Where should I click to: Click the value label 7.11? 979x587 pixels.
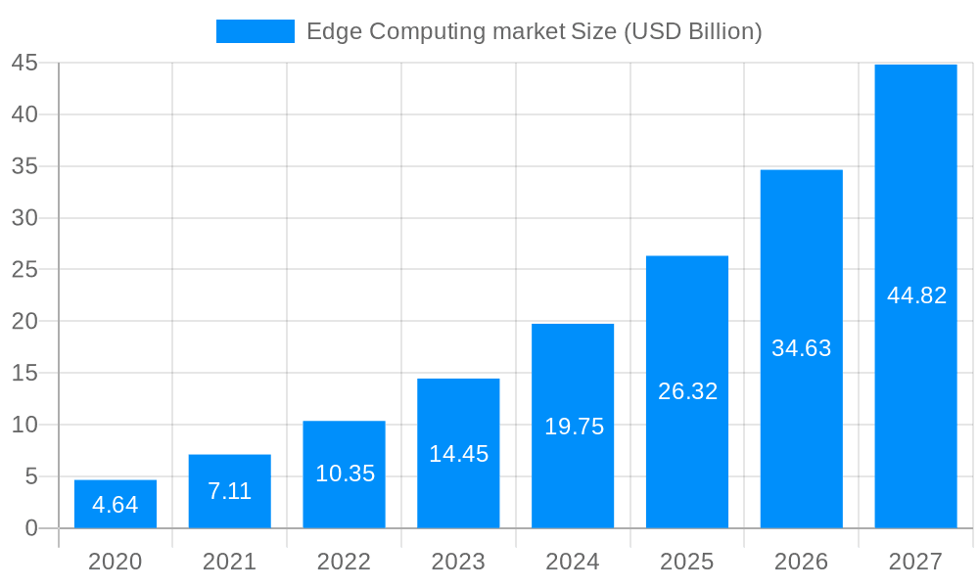click(x=230, y=491)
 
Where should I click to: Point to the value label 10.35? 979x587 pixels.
click(x=345, y=474)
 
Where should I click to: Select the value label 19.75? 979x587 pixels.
click(x=574, y=427)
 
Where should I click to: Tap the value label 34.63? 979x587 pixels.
click(x=802, y=348)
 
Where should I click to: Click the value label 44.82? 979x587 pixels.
click(x=916, y=295)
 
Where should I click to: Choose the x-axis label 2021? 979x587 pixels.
click(x=230, y=562)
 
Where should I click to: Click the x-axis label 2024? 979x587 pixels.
click(x=573, y=562)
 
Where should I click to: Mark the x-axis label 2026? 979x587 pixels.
click(x=802, y=562)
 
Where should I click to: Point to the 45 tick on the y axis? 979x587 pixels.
click(x=24, y=64)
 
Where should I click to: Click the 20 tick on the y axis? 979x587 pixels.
click(x=24, y=321)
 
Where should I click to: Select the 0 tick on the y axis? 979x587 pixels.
click(x=30, y=528)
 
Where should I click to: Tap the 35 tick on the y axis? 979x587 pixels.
click(x=24, y=166)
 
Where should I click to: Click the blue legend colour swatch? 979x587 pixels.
click(x=255, y=31)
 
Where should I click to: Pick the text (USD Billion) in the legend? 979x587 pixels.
click(x=692, y=32)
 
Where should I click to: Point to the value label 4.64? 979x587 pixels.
click(x=116, y=505)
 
